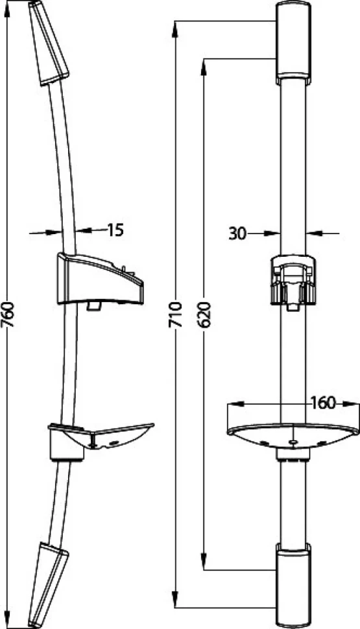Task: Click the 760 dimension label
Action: click(x=8, y=314)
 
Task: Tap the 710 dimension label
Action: click(x=175, y=314)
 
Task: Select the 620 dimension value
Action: click(x=205, y=314)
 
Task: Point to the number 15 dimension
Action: click(x=115, y=230)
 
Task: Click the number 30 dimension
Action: click(x=237, y=233)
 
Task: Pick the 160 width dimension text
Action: click(x=323, y=403)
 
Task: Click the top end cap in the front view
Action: click(x=293, y=43)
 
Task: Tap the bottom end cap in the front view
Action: click(x=293, y=586)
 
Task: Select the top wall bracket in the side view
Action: click(x=49, y=43)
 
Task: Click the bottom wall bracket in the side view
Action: click(x=49, y=585)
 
